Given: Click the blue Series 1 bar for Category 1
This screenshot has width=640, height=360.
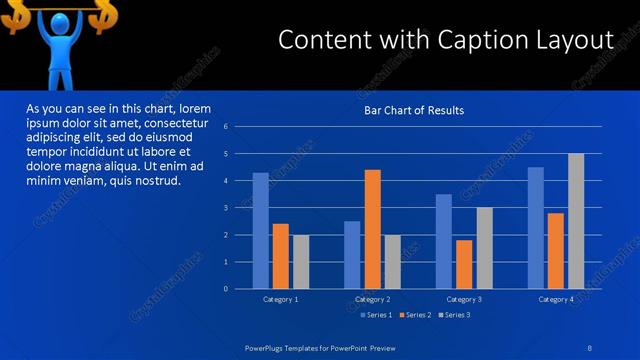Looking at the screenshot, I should [260, 231].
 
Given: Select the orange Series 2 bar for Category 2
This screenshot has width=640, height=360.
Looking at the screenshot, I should [372, 229].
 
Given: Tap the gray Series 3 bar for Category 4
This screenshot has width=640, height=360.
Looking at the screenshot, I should [576, 221].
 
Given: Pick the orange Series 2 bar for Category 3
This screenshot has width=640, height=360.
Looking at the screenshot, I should [464, 264].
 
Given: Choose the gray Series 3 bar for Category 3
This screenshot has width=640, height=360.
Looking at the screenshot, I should [484, 248].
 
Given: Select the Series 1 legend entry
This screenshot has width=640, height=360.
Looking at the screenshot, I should [375, 315].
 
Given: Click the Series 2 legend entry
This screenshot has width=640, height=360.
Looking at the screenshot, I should [414, 315].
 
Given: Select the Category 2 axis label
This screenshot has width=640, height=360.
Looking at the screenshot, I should [372, 299].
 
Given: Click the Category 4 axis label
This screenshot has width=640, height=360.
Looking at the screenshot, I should [556, 299].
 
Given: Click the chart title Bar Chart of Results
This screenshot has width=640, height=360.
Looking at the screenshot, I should [413, 110].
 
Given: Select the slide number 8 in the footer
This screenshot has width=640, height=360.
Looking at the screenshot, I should [590, 347].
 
